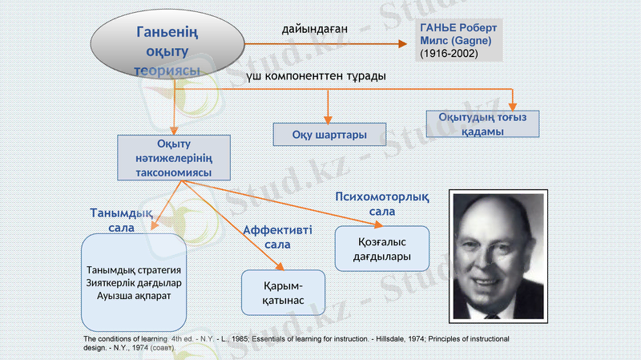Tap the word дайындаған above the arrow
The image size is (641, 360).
(314, 29)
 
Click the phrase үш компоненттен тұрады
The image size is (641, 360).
(316, 75)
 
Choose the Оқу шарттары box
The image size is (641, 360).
(329, 134)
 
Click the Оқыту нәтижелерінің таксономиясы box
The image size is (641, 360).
(174, 158)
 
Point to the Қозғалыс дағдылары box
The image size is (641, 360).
(381, 249)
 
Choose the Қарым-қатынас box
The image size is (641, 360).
(283, 293)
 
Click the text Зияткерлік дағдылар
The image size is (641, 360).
(132, 282)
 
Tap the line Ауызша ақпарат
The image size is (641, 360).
(132, 295)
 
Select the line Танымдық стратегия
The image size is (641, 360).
(132, 269)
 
